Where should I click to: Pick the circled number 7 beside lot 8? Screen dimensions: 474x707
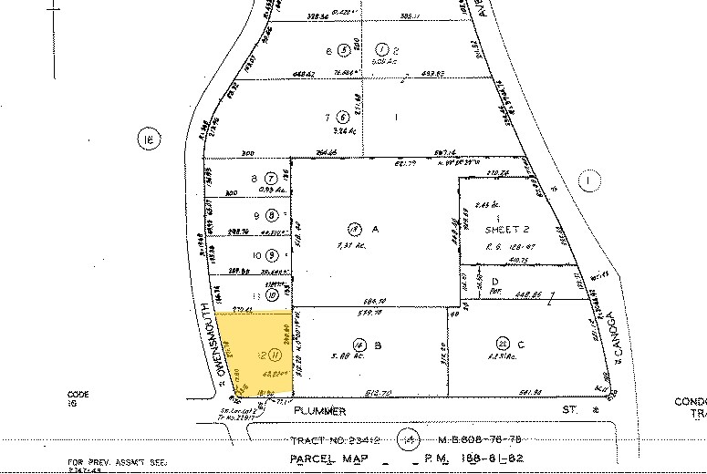click(270, 177)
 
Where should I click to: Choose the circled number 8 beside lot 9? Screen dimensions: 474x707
click(270, 216)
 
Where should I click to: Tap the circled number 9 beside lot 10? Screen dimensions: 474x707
click(270, 256)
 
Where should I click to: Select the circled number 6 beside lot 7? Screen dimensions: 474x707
click(342, 117)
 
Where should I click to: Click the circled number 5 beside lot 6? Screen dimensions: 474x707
click(343, 49)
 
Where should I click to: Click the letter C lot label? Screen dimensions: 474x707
click(522, 345)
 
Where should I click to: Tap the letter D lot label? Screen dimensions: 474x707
click(494, 281)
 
